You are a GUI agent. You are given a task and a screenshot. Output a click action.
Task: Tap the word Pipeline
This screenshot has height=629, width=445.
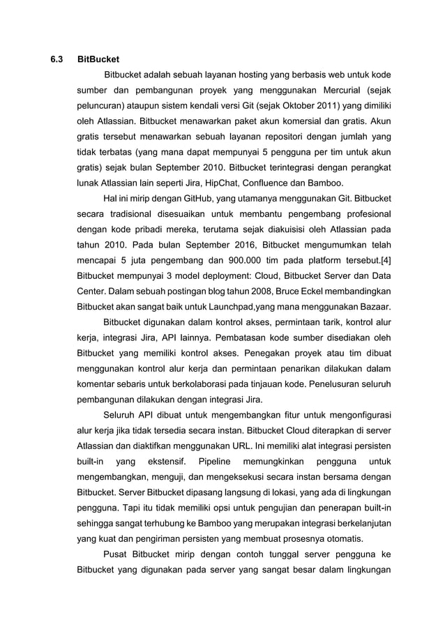(218, 462)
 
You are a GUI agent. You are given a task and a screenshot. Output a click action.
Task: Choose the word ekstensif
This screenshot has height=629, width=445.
(167, 462)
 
